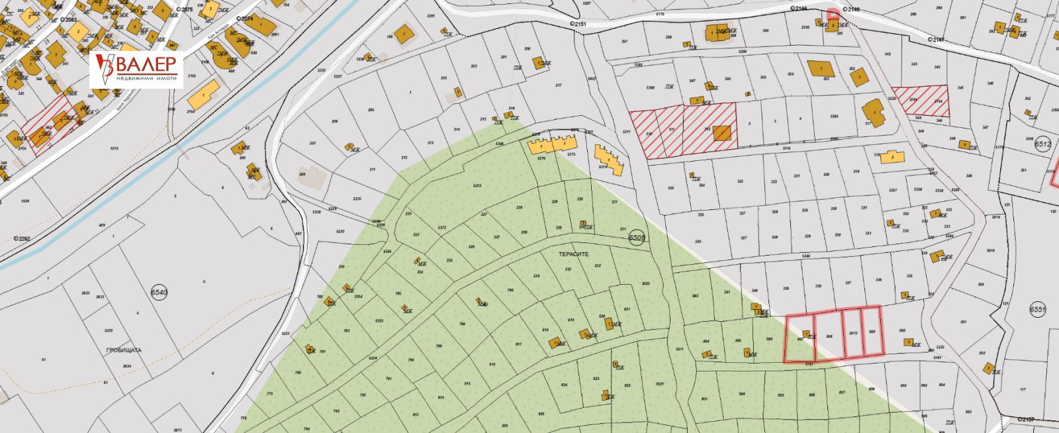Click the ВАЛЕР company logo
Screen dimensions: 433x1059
pyautogui.click(x=137, y=69)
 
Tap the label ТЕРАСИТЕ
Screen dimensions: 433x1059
pyautogui.click(x=573, y=254)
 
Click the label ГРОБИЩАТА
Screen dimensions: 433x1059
pyautogui.click(x=124, y=350)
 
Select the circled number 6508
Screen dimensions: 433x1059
pyautogui.click(x=637, y=238)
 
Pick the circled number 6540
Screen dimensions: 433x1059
pyautogui.click(x=159, y=292)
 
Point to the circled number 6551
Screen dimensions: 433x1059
pyautogui.click(x=1037, y=310)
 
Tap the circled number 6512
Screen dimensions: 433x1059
pyautogui.click(x=1042, y=144)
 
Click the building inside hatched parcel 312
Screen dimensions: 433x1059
pyautogui.click(x=722, y=133)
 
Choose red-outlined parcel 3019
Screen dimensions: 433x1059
pyautogui.click(x=852, y=333)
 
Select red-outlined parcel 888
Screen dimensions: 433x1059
pyautogui.click(x=829, y=336)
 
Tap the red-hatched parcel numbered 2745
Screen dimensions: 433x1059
pyautogui.click(x=920, y=101)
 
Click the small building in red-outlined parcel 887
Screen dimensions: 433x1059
pyautogui.click(x=806, y=333)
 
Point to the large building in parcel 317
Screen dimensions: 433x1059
pyautogui.click(x=874, y=113)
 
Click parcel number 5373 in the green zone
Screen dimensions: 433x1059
pyautogui.click(x=477, y=186)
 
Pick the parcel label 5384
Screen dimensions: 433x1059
pyautogui.click(x=834, y=117)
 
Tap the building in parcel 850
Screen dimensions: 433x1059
pyautogui.click(x=907, y=342)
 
